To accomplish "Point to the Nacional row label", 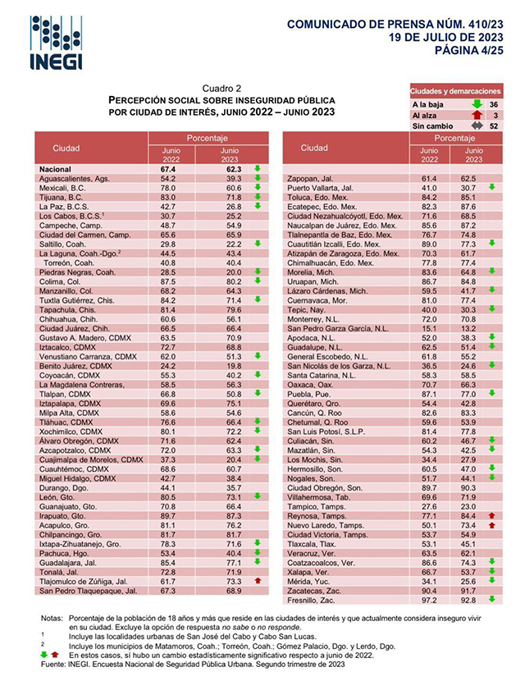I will pyautogui.click(x=57, y=169).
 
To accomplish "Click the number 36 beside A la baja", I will pyautogui.click(x=494, y=105).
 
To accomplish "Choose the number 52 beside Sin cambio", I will pyautogui.click(x=494, y=126).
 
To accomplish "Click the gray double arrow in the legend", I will pyautogui.click(x=476, y=126).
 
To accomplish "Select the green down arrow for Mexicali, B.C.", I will pyautogui.click(x=258, y=187).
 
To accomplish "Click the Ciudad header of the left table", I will pyautogui.click(x=66, y=149).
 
